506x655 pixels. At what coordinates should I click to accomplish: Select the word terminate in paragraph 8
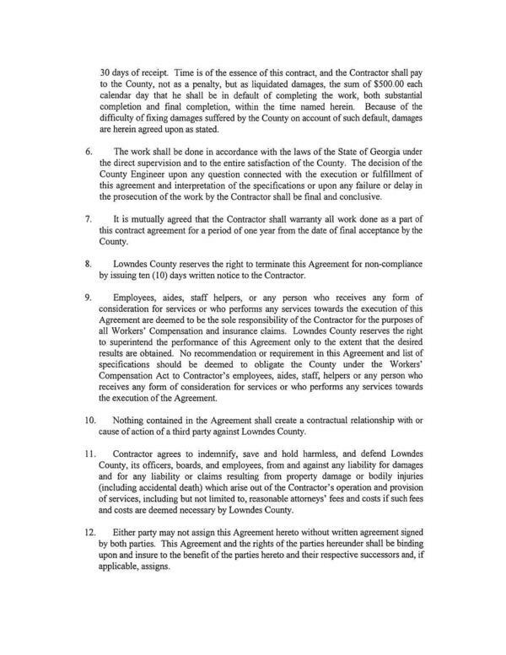[x=271, y=263]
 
